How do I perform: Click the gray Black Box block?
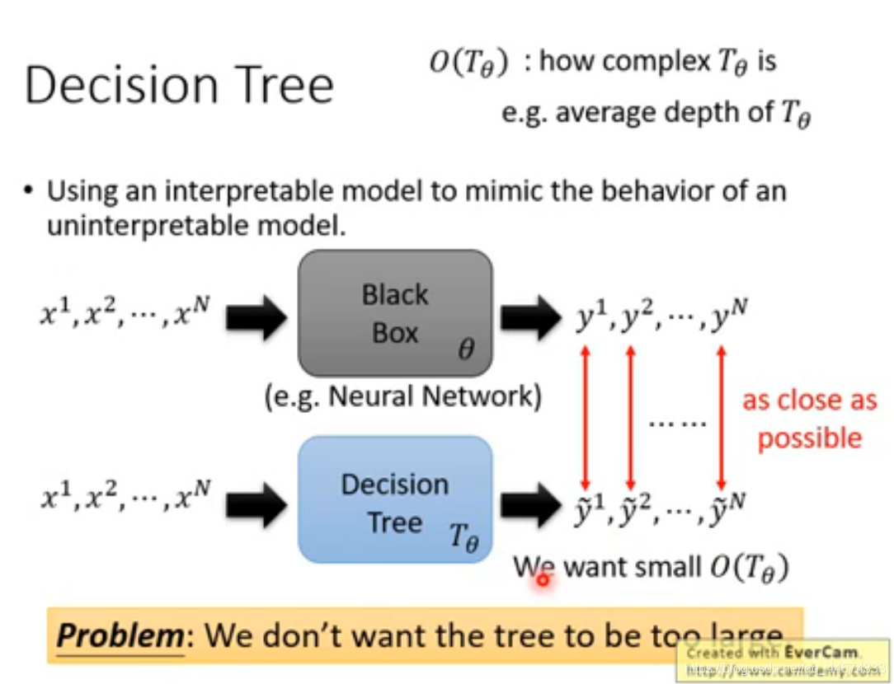point(395,313)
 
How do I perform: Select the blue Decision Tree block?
point(395,499)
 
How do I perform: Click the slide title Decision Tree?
point(179,86)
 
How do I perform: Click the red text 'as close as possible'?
point(809,419)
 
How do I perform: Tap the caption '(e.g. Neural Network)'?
point(403,397)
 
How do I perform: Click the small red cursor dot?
point(543,580)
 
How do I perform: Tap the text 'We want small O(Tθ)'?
point(651,567)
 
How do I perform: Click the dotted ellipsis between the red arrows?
point(677,424)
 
